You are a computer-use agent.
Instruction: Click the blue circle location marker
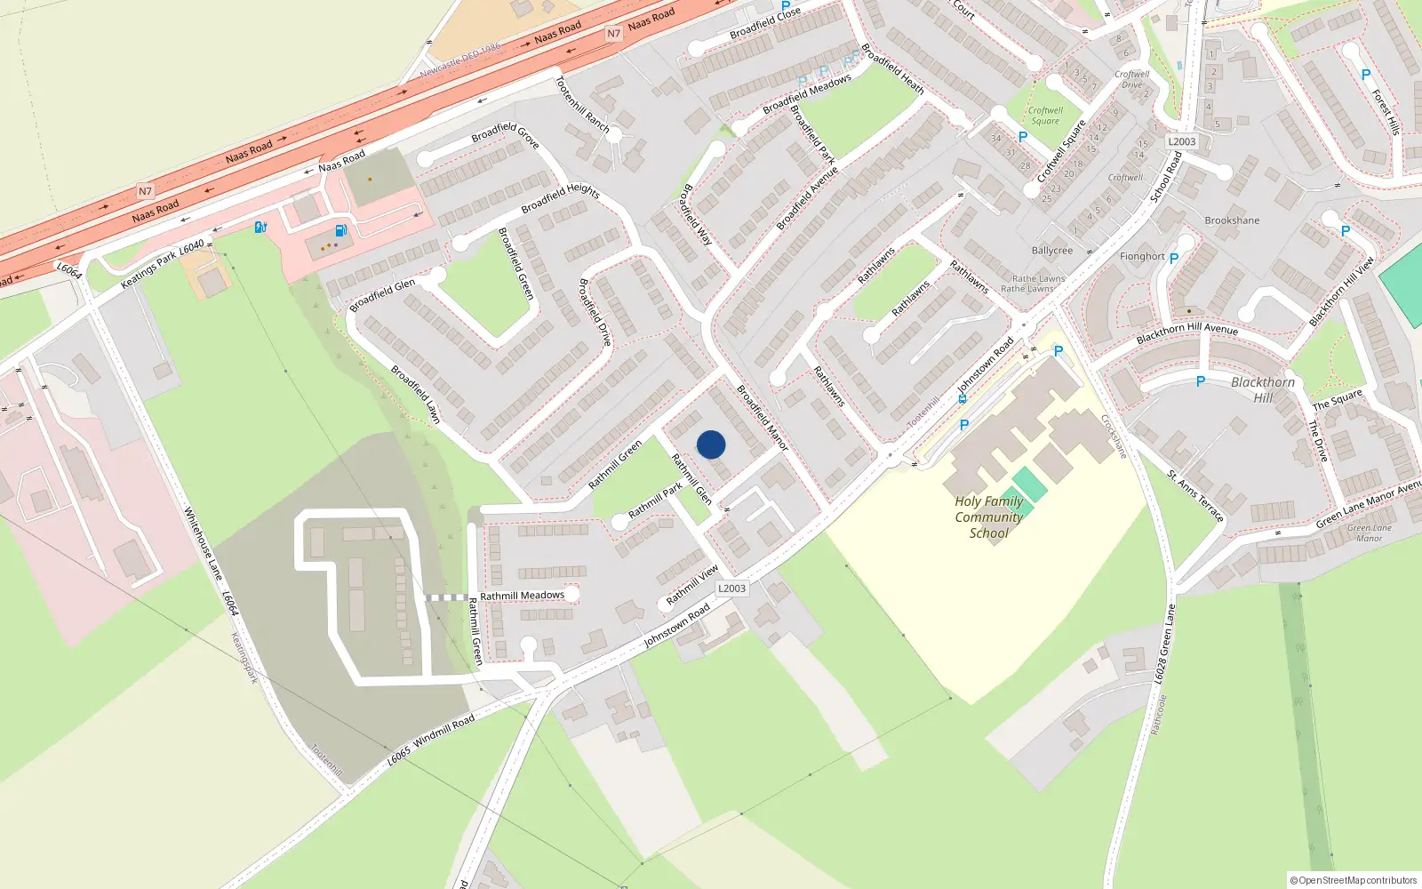(711, 444)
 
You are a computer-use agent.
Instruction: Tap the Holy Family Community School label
(988, 517)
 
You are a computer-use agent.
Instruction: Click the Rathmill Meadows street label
(522, 596)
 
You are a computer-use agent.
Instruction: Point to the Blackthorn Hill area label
(1262, 389)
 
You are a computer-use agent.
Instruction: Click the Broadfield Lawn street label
(416, 394)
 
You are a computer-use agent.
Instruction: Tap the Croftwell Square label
(1045, 116)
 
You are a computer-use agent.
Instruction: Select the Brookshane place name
(1232, 220)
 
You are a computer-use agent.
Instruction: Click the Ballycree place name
(1051, 251)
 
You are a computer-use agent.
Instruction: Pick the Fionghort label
(1142, 256)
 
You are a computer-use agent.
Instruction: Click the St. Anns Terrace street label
(1195, 496)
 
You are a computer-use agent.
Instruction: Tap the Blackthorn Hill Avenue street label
(1186, 333)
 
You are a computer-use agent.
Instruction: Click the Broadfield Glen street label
(382, 295)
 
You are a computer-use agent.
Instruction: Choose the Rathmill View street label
(692, 585)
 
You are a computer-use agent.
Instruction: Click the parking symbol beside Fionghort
(1173, 259)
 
